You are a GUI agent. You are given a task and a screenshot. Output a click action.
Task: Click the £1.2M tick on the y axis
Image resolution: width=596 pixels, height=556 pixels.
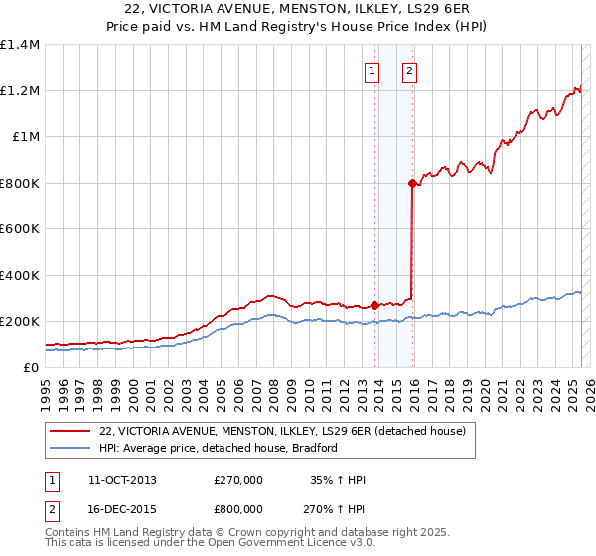click(20, 90)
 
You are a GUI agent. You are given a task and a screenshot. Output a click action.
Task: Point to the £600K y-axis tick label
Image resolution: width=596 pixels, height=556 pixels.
click(20, 229)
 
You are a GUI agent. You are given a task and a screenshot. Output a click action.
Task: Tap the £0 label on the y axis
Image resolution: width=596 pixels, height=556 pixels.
click(30, 367)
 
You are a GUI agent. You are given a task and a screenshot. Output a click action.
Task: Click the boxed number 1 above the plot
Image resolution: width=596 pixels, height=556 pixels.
click(372, 70)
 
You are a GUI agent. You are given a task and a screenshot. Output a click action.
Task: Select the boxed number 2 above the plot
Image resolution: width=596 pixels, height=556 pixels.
click(409, 70)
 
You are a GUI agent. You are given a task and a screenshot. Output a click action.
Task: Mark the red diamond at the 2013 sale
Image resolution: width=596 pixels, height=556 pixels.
click(375, 305)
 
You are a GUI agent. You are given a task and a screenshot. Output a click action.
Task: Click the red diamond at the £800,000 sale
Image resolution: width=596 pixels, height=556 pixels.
click(412, 183)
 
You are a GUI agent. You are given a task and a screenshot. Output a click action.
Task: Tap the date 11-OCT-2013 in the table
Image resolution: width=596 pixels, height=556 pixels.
click(122, 480)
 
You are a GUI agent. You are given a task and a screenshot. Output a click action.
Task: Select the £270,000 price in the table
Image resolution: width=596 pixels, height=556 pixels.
click(237, 480)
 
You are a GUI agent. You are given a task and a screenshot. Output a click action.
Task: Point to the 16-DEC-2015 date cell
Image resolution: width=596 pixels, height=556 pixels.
click(122, 508)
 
